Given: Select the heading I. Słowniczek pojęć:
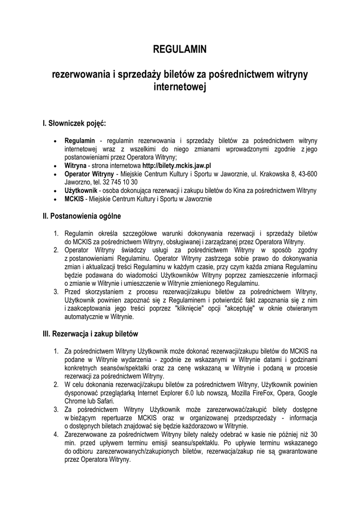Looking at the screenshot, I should click(75, 122).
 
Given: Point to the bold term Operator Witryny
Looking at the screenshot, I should click(89, 173).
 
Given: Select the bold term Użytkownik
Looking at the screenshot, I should click(81, 190).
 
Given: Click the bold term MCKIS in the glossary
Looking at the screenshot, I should click(75, 199).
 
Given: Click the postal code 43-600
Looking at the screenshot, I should click(307, 173).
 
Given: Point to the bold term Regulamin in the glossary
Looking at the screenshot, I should click(80, 141).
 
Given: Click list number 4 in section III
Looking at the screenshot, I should click(56, 434).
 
